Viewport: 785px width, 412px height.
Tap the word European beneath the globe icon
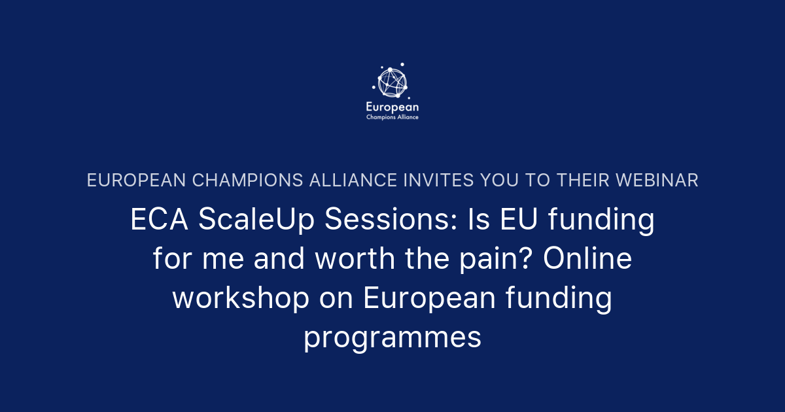(x=392, y=107)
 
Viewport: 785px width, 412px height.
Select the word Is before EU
(x=479, y=221)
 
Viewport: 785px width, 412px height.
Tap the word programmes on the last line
(x=392, y=339)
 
